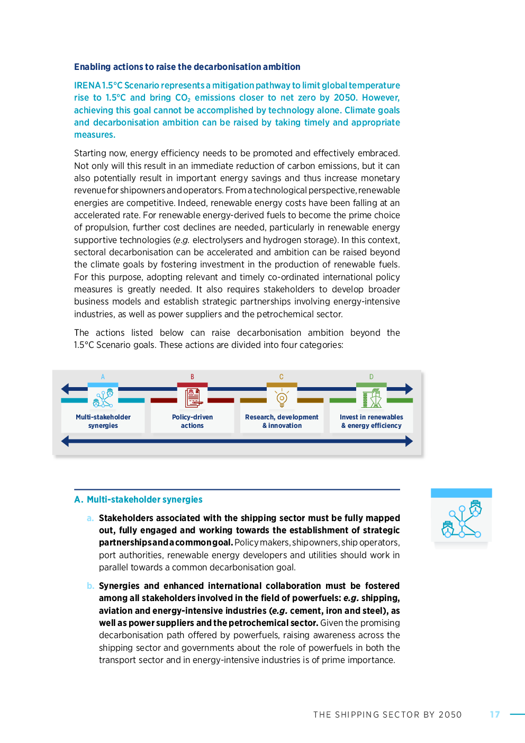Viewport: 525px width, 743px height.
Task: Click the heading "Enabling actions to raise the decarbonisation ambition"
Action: (187, 67)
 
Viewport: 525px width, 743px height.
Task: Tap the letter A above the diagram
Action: (103, 377)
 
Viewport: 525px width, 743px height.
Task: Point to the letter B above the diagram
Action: (192, 377)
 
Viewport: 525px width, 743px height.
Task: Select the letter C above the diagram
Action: (282, 377)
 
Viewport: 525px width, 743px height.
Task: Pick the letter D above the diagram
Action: (371, 377)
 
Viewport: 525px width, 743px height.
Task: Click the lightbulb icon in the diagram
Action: (282, 398)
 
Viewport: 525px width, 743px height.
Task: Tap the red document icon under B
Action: (193, 398)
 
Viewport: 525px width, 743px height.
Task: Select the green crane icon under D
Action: (372, 398)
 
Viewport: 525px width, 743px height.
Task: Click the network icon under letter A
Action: (103, 398)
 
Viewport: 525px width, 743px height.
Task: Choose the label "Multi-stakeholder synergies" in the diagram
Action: (103, 422)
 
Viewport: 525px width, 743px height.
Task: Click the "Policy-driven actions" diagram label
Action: (193, 422)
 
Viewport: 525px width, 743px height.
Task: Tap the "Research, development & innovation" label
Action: (282, 422)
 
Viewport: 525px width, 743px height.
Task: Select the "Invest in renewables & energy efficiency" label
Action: (372, 422)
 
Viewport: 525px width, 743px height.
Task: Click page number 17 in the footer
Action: (495, 714)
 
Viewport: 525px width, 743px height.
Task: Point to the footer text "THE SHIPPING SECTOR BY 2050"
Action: (387, 714)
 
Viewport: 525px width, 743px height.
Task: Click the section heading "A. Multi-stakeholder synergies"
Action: (138, 499)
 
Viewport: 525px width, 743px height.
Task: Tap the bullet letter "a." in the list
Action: (90, 518)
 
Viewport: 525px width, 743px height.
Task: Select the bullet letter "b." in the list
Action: (90, 586)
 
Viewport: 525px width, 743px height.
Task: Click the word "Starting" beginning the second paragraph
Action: (89, 153)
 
